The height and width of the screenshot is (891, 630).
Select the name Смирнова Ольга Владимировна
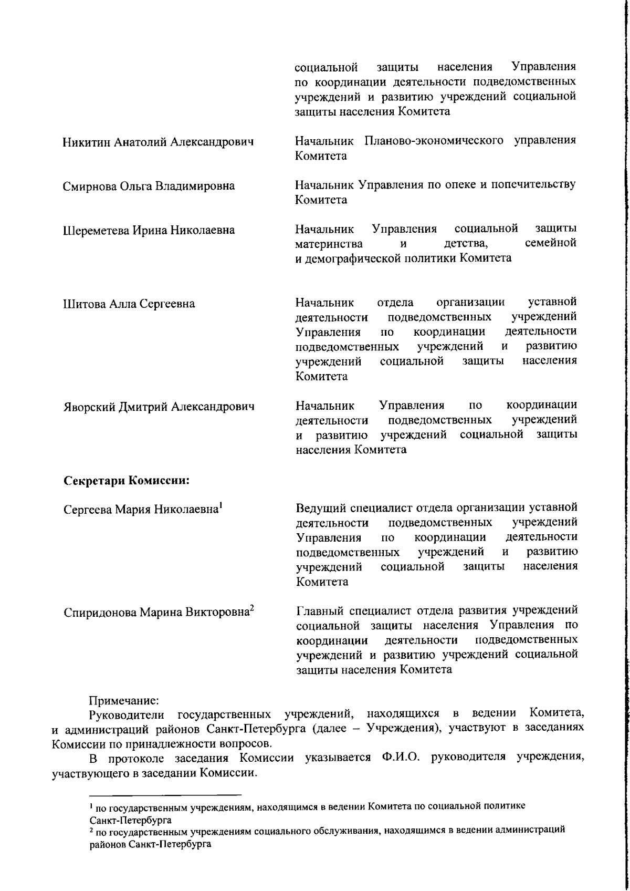click(149, 187)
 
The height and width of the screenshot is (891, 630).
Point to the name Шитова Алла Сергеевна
click(129, 304)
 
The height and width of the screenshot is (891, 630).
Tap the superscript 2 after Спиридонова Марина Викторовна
click(252, 608)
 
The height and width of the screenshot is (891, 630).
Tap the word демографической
click(350, 258)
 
